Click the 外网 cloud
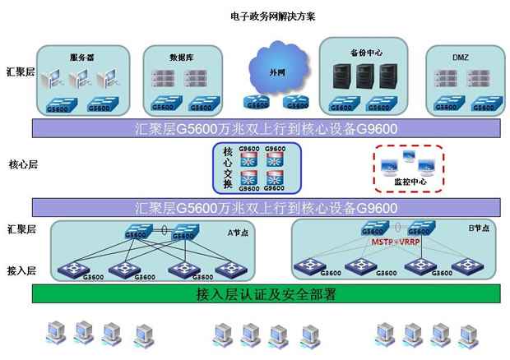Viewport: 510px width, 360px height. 274,72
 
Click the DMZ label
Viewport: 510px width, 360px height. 461,58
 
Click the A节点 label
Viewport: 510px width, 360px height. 237,233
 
